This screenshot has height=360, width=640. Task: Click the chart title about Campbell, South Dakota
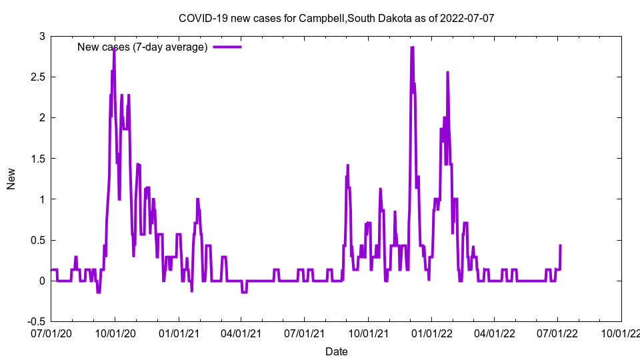coord(336,18)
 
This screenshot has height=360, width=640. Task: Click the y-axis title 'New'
coord(11,179)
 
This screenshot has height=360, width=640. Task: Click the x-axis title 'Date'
coord(336,351)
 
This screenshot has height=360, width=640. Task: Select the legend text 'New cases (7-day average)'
coord(143,47)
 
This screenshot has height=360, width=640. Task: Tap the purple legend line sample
coord(227,47)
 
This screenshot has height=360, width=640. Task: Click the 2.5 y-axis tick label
coord(37,77)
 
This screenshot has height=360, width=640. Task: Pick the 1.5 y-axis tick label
coord(37,159)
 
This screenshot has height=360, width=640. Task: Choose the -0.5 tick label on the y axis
coord(35,322)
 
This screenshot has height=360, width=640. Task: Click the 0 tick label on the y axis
coord(41,281)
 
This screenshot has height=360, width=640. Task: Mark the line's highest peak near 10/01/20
coord(114,48)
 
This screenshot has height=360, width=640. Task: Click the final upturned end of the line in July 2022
coord(560,246)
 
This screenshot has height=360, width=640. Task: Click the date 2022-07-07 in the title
coord(467,18)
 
